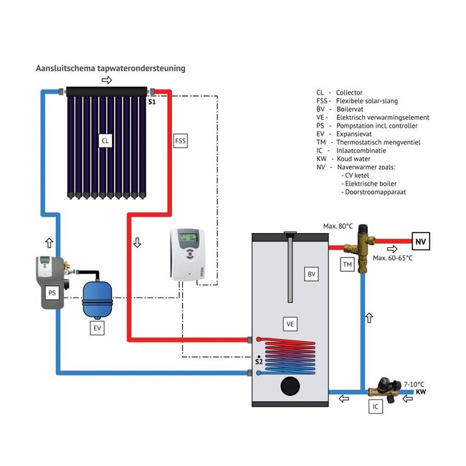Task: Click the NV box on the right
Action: (421, 242)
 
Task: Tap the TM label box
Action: (348, 265)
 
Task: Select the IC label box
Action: (376, 406)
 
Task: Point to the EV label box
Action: (98, 329)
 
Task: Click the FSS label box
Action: (181, 141)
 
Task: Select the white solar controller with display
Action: (187, 255)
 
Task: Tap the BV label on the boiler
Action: (311, 275)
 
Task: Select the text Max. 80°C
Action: (338, 227)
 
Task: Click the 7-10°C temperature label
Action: (414, 384)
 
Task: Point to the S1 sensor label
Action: (152, 103)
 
